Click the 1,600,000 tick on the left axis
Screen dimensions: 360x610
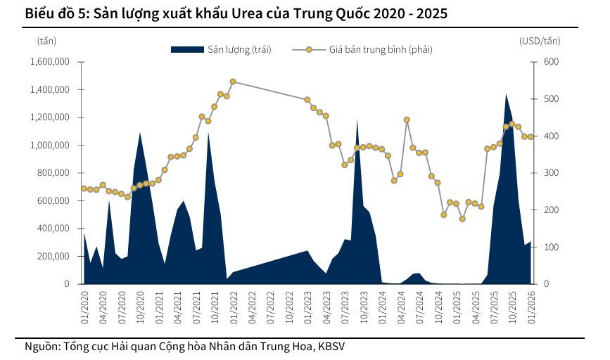(x=49, y=62)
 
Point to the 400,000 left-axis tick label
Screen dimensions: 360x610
(x=53, y=229)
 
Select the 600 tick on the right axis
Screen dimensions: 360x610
(x=532, y=62)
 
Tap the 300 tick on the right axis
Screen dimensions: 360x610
(x=532, y=173)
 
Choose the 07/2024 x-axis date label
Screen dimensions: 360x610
(x=419, y=307)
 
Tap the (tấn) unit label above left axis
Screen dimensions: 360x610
(x=46, y=40)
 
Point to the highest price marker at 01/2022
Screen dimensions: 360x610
(x=233, y=82)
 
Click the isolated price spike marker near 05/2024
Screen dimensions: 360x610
(x=407, y=120)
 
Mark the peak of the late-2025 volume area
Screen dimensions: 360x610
(x=506, y=94)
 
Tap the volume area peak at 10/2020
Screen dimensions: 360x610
(x=140, y=133)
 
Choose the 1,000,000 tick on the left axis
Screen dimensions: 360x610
(x=49, y=146)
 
